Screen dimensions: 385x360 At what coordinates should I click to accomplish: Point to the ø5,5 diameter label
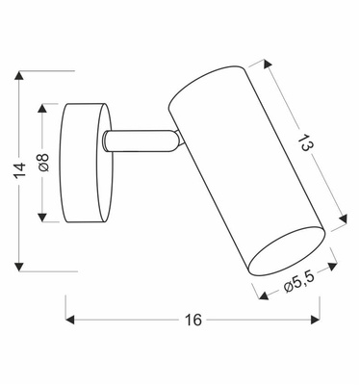click(x=300, y=283)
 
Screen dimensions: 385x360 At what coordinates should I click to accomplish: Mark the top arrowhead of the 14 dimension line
click(x=21, y=75)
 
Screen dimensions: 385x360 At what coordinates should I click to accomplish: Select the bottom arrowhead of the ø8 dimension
click(x=42, y=219)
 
